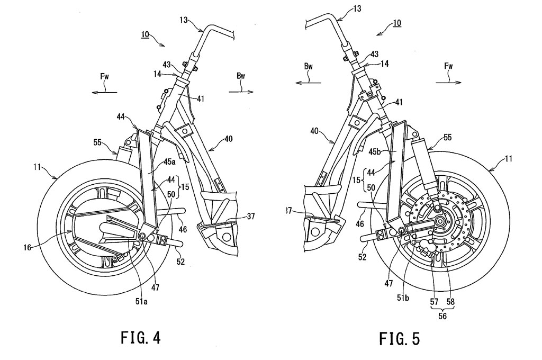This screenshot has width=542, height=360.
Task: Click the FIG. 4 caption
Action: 141,338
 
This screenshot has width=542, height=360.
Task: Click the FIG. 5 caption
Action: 400,339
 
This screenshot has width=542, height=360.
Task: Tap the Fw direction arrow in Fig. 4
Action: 104,92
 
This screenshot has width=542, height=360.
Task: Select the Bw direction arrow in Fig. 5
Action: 309,82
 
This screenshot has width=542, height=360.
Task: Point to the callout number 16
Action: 28,247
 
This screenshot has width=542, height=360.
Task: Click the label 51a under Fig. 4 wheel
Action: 141,302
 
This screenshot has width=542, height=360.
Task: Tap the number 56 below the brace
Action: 442,316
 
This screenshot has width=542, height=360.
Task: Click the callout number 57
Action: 435,302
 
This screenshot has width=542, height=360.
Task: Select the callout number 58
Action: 450,302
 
